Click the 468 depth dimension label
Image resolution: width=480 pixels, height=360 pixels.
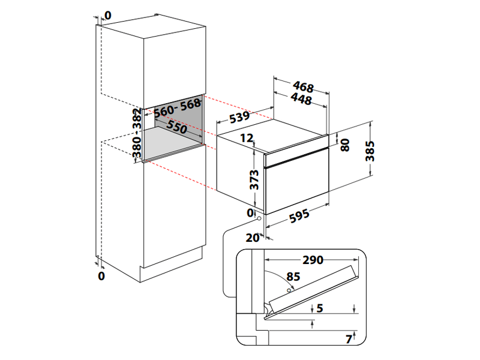click(x=304, y=86)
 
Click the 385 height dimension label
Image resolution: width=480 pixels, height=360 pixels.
click(x=370, y=152)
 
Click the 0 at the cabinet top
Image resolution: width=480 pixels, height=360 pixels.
click(x=107, y=14)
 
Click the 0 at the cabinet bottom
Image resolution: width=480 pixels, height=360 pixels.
click(x=101, y=275)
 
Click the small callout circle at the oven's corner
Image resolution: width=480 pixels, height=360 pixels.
click(x=258, y=220)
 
